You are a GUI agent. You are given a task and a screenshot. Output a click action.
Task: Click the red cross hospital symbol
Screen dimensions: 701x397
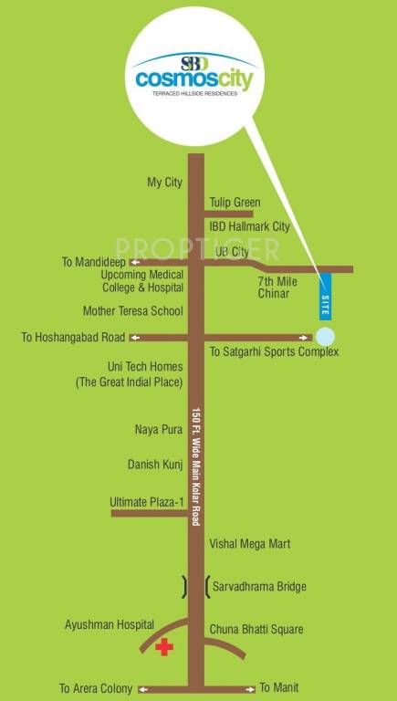coord(164,648)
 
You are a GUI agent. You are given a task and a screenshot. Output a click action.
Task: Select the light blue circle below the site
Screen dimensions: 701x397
coord(325,336)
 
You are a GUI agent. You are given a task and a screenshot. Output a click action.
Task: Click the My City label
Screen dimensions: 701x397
coord(165,183)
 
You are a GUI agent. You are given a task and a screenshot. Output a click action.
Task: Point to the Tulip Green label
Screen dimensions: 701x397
coord(235,203)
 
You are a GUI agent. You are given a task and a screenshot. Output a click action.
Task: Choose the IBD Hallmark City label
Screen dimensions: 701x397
coord(249,225)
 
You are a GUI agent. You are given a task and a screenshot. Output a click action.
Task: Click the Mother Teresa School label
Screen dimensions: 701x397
coord(133,310)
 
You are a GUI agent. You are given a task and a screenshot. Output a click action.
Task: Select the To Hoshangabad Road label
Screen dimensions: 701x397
coord(73,338)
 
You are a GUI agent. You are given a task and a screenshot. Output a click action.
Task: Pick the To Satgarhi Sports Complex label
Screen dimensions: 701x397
coord(274,351)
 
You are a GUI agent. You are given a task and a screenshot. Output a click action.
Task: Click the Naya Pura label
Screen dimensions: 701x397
coord(153,428)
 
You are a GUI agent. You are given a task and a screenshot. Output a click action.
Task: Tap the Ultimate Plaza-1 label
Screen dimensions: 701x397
coord(146,502)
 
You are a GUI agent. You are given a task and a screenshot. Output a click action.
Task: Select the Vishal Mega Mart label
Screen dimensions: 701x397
coord(249,544)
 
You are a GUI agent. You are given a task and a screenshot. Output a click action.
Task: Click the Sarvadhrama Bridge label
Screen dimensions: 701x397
coord(260,587)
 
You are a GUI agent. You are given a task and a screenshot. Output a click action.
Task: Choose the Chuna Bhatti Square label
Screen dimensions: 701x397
coord(256,630)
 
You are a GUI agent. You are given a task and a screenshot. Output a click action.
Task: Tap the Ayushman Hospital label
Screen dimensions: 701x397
coord(103,625)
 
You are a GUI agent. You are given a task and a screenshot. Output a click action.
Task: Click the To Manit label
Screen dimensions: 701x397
coord(279,687)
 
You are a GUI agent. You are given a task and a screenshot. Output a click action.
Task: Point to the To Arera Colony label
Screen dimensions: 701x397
coord(96,688)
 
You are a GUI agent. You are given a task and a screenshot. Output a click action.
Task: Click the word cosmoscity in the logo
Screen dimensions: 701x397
coord(194,79)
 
